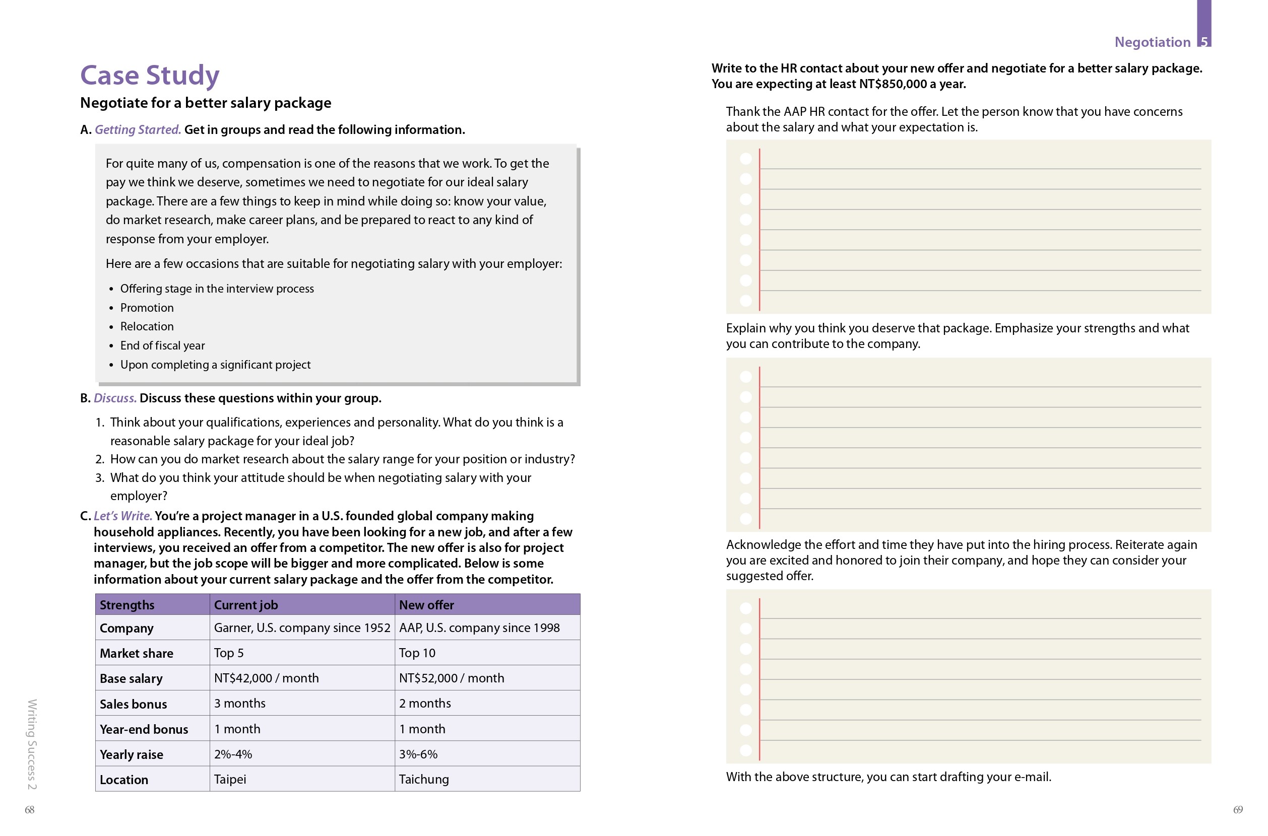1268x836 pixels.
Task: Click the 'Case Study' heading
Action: pos(149,75)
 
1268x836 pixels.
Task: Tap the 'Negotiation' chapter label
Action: pos(1152,42)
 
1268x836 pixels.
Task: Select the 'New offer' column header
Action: pos(426,605)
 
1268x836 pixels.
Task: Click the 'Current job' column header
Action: pos(246,605)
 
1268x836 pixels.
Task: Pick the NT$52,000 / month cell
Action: pos(451,678)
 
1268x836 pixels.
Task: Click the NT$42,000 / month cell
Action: pos(266,678)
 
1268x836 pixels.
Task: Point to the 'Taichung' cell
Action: pos(423,779)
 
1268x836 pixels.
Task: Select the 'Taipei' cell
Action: pos(230,779)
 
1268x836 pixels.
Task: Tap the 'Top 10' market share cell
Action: pos(417,653)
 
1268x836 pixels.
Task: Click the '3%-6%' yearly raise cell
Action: pos(418,754)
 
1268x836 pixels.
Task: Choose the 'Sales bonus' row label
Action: pos(134,704)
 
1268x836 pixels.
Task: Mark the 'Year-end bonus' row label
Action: pos(144,729)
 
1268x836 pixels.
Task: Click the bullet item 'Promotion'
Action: pos(147,308)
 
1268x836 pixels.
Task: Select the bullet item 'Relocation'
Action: pos(147,326)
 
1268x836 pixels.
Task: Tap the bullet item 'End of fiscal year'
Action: pos(162,345)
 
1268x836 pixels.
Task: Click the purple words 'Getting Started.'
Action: pos(138,129)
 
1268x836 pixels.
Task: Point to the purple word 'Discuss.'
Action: pos(115,398)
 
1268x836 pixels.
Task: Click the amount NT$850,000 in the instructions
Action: pos(893,84)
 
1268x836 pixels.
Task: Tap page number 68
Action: pos(30,809)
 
